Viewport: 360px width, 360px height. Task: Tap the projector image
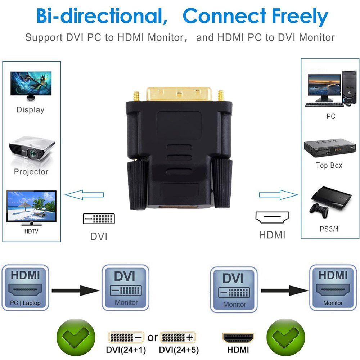click(31, 148)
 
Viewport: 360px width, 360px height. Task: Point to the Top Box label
click(329, 166)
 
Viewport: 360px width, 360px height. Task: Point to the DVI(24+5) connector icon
click(177, 337)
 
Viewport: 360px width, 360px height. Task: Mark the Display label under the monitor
click(30, 110)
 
